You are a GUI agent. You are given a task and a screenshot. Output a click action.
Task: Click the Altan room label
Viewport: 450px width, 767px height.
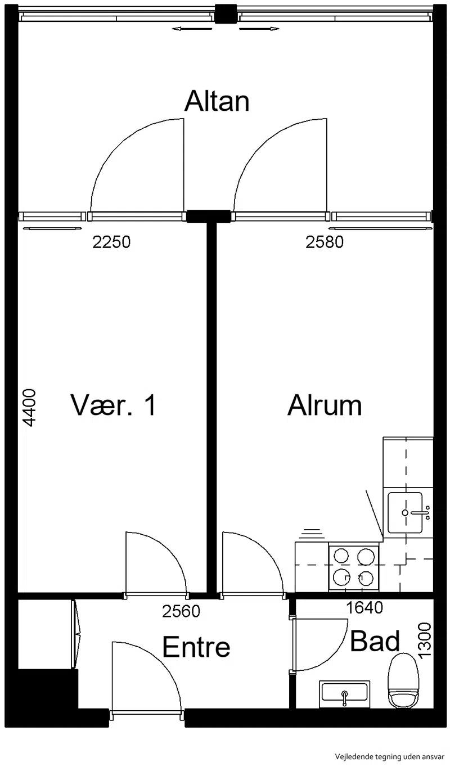click(217, 101)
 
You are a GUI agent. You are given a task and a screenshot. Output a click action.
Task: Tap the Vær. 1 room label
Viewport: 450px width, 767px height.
click(113, 405)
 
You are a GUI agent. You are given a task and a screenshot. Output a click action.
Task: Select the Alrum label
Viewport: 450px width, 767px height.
click(325, 405)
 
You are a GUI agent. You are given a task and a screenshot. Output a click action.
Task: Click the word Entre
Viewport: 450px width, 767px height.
click(196, 647)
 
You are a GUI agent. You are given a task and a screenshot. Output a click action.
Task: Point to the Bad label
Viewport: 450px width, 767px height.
click(375, 641)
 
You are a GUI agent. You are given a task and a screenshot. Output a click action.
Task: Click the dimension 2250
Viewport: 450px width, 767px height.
click(111, 242)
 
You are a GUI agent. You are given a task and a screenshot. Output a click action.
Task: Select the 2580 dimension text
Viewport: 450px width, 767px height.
click(325, 242)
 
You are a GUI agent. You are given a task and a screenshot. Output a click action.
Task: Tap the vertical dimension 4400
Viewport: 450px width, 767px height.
click(29, 408)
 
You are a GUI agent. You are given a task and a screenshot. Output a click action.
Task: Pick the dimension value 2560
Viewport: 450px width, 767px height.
click(181, 611)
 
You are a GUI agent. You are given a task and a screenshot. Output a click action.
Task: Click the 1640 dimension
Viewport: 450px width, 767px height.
click(364, 607)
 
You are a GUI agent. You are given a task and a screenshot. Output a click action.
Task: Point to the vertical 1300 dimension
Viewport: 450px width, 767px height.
click(425, 640)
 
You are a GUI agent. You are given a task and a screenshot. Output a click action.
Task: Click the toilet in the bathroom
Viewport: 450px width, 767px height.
click(403, 680)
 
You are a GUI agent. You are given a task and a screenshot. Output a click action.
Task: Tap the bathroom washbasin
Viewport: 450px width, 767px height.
click(344, 694)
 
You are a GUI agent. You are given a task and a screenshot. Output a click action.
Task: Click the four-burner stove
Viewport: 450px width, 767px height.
click(354, 568)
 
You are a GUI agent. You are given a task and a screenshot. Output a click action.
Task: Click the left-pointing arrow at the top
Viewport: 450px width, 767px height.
click(192, 29)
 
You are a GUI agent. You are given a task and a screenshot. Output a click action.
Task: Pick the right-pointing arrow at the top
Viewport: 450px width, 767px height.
click(259, 29)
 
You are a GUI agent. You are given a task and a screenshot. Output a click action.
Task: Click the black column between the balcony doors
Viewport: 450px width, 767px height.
click(209, 216)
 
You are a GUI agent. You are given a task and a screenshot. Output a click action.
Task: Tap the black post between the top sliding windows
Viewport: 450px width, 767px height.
click(226, 13)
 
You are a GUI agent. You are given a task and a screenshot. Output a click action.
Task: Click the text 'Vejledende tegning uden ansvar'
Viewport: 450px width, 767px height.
click(390, 756)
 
